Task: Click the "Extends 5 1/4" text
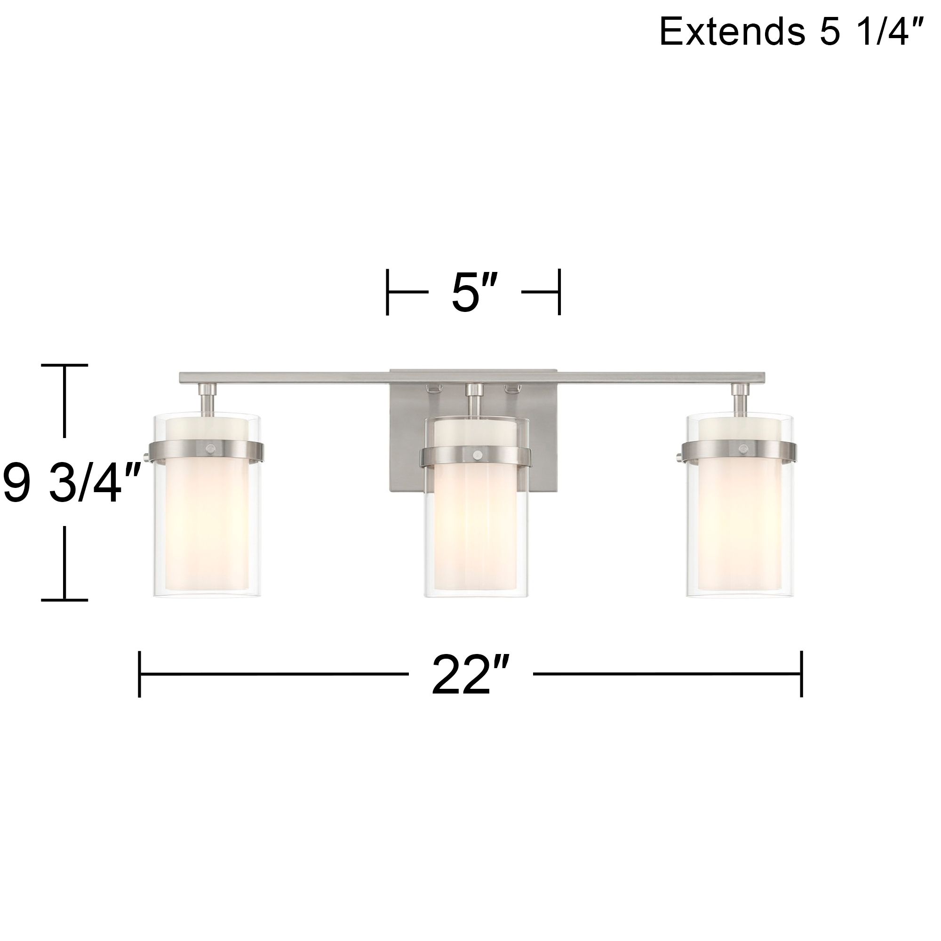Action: pyautogui.click(x=790, y=31)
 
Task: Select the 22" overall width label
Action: pyautogui.click(x=470, y=675)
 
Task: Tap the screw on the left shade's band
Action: pyautogui.click(x=210, y=448)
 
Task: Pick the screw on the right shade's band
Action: pyautogui.click(x=742, y=448)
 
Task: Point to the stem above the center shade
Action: pyautogui.click(x=474, y=400)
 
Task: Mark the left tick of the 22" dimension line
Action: pyautogui.click(x=140, y=674)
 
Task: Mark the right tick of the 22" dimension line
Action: pyautogui.click(x=801, y=674)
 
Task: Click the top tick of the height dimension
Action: pyautogui.click(x=64, y=364)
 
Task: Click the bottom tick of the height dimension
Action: pyautogui.click(x=64, y=600)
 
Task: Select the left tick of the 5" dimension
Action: pyautogui.click(x=388, y=292)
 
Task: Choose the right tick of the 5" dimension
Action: pyautogui.click(x=559, y=292)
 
